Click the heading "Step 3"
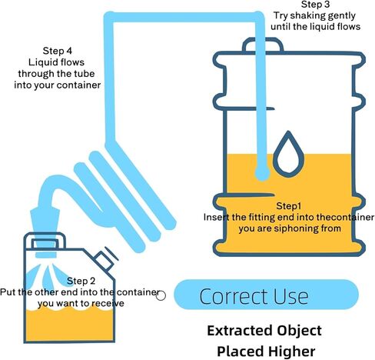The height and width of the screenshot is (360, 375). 315,5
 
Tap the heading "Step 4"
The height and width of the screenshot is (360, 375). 58,51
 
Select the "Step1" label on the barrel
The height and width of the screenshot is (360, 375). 289,206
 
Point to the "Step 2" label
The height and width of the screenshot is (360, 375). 81,281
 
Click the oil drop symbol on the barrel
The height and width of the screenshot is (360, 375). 288,154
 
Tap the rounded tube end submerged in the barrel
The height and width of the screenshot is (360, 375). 262,173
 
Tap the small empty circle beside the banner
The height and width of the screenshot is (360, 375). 161,295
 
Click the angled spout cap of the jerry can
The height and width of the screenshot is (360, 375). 105,260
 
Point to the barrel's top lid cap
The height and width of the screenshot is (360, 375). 263,45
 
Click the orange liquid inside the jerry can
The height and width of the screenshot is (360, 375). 69,325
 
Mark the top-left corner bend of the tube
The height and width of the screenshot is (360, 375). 109,17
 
